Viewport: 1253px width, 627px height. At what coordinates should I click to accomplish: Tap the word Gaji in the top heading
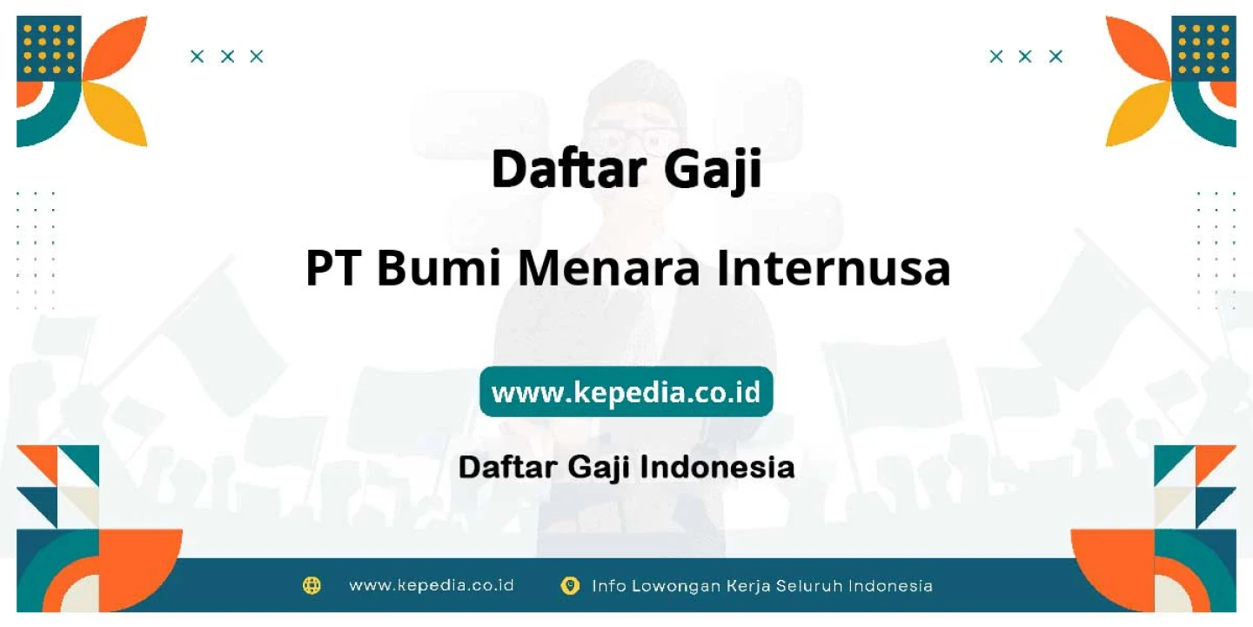714,170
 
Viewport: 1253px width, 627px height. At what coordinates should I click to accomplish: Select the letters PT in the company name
332,268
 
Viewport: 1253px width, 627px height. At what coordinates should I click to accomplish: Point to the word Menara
608,268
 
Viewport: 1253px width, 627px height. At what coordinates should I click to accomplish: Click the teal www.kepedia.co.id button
626,391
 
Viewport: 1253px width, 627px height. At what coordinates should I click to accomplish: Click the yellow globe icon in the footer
312,585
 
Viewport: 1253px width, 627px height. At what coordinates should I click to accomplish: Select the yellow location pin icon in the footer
570,586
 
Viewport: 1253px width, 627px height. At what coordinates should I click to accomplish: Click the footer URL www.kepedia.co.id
432,585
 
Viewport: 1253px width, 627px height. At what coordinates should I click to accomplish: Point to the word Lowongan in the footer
676,586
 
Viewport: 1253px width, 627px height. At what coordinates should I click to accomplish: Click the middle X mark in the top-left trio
227,57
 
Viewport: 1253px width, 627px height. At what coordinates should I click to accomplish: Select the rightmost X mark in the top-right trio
1055,57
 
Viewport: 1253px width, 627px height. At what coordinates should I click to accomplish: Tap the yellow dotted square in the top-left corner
50,49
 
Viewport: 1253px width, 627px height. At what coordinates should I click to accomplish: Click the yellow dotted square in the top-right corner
1203,49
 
